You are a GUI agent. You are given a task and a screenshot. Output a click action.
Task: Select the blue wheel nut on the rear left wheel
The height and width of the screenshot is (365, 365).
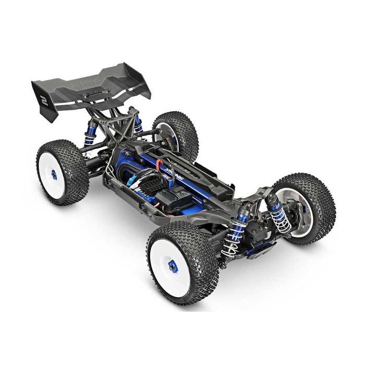point(54,175)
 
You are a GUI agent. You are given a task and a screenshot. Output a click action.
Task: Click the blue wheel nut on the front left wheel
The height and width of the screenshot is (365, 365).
point(173,266)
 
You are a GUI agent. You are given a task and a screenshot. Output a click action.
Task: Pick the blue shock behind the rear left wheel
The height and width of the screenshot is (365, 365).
point(91,133)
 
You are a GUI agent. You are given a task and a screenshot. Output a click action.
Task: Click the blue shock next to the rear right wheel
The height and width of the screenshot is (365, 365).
point(138,125)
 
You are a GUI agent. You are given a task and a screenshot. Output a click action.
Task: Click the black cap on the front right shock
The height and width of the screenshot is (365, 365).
point(271,199)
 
